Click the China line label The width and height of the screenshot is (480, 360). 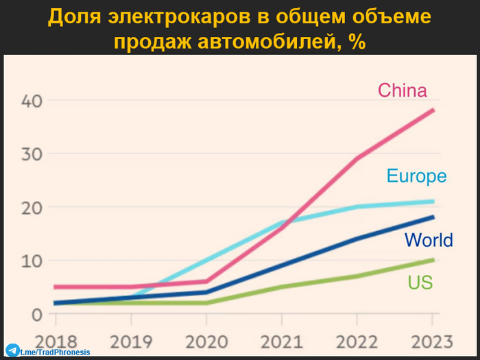click(403, 91)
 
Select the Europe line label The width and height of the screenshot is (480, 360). click(416, 176)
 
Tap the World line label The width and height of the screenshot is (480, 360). click(429, 240)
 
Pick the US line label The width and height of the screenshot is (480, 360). click(420, 282)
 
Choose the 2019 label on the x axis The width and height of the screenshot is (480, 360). click(130, 341)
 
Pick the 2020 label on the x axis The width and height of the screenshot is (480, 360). click(206, 341)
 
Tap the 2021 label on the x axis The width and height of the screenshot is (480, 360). click(281, 341)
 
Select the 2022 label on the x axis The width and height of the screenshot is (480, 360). click(357, 341)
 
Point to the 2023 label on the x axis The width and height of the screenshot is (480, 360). click(431, 341)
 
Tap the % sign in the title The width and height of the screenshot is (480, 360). click(356, 41)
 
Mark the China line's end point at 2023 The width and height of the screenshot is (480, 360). click(433, 110)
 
